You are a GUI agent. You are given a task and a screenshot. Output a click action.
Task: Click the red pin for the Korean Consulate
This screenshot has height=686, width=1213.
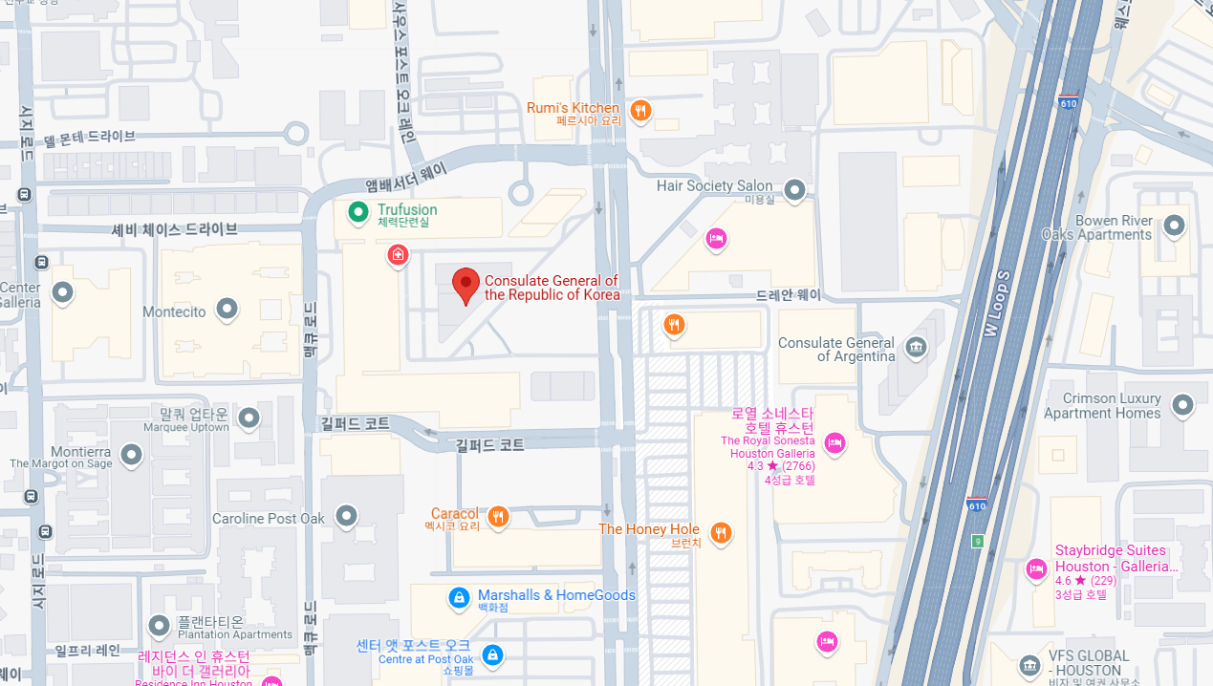tap(466, 285)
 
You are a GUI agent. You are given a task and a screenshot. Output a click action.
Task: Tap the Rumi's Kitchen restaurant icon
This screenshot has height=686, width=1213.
tap(640, 111)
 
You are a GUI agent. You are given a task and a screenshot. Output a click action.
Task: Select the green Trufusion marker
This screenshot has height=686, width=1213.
tap(357, 211)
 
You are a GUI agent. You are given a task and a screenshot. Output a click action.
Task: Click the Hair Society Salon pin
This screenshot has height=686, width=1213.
tap(793, 187)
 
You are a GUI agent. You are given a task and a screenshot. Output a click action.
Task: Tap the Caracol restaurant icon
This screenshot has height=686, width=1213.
tap(497, 517)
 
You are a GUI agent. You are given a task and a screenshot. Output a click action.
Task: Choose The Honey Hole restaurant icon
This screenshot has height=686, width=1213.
tap(721, 532)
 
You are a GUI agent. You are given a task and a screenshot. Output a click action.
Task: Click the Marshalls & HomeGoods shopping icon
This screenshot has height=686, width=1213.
tap(459, 598)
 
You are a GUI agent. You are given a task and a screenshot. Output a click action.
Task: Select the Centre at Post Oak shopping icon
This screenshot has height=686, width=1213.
tap(492, 655)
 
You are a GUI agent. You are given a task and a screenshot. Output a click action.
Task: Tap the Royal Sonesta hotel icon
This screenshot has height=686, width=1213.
tap(834, 442)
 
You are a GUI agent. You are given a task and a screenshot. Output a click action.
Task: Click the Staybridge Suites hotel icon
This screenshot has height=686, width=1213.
tap(1036, 569)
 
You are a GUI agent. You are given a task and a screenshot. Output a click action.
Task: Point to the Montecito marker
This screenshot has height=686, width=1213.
tap(227, 309)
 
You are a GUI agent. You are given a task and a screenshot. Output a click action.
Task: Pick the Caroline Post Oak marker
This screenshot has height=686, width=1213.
tap(346, 517)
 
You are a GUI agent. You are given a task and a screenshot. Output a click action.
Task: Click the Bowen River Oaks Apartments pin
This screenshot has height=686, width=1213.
tap(1174, 225)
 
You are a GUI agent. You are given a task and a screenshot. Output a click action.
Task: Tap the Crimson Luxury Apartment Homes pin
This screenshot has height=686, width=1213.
tap(1182, 404)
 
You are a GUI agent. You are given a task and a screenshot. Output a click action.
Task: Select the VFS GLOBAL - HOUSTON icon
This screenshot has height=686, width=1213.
tap(1029, 665)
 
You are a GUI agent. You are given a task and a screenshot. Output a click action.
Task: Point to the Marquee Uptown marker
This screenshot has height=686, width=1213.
tap(249, 418)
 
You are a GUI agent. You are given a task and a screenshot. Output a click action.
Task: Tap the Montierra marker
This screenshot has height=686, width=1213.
tap(131, 455)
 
